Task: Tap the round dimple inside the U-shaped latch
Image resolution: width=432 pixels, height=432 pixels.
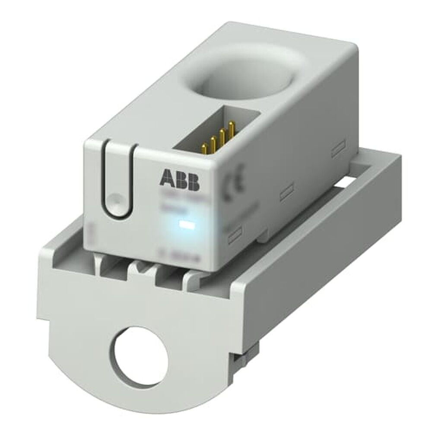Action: [x=114, y=200]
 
